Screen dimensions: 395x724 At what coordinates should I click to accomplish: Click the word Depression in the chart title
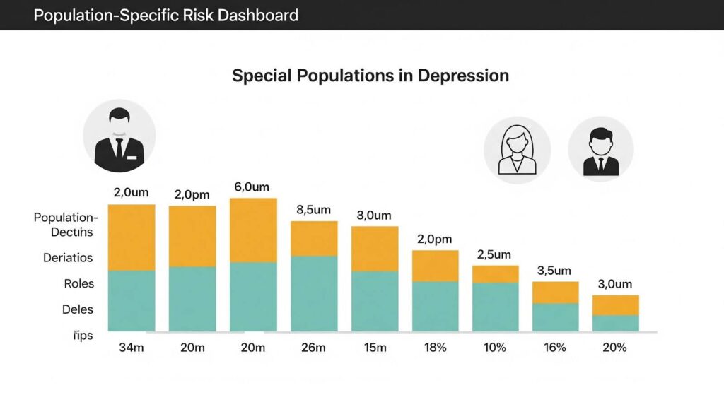(x=462, y=76)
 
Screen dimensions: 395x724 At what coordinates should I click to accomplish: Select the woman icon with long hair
(x=517, y=150)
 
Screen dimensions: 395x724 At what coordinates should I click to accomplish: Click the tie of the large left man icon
(x=119, y=147)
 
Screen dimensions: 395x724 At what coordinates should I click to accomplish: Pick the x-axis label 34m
(x=132, y=348)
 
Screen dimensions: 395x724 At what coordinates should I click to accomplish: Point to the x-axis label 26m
(x=313, y=348)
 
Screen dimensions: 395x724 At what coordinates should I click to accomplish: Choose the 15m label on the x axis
(x=375, y=348)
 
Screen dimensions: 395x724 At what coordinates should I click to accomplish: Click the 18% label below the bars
(x=435, y=348)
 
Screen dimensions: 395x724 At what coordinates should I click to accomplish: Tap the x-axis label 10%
(x=495, y=348)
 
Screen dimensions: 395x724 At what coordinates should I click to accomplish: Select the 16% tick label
(x=556, y=348)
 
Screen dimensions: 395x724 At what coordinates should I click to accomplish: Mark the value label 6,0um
(x=252, y=187)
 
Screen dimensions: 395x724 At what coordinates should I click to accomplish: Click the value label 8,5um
(x=314, y=210)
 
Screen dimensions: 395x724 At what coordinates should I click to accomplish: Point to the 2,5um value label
(x=495, y=254)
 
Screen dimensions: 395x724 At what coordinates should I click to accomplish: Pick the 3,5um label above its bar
(x=555, y=271)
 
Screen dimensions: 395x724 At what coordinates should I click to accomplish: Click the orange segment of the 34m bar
(x=132, y=237)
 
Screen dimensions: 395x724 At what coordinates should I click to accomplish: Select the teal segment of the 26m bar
(x=314, y=293)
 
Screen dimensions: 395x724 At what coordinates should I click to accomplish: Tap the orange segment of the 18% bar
(x=436, y=266)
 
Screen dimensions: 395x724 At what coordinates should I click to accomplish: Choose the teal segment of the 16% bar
(x=556, y=317)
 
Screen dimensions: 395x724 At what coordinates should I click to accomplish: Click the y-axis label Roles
(x=78, y=283)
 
